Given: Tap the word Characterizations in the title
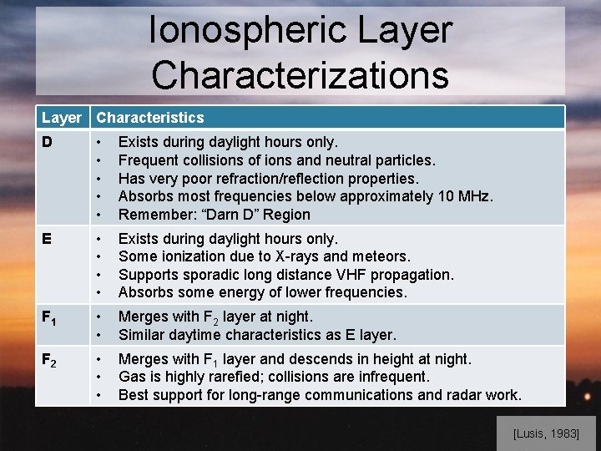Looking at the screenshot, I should [300, 74].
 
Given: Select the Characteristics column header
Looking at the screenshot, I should [150, 118].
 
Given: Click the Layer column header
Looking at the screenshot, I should [62, 118].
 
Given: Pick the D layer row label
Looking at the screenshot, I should [48, 142].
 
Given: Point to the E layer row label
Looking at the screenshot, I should [48, 239].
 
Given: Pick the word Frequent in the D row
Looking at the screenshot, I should [148, 160].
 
